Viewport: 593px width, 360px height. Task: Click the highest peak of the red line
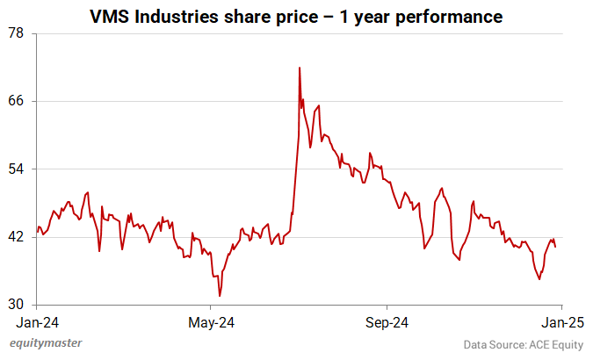click(300, 68)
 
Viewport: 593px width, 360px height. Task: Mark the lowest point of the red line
click(219, 296)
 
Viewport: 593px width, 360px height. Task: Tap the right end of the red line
click(555, 247)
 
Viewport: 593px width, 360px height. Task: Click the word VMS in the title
click(110, 16)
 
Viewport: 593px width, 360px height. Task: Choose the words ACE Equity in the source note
click(554, 345)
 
